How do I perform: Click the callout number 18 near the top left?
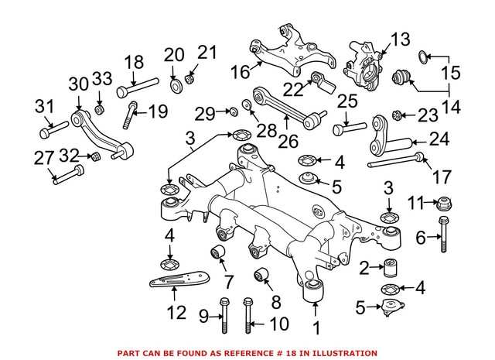pos(134,62)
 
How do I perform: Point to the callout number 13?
pos(400,39)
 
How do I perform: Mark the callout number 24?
pos(439,142)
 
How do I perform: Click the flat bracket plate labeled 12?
pos(177,278)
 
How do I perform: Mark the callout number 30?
pos(79,84)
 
